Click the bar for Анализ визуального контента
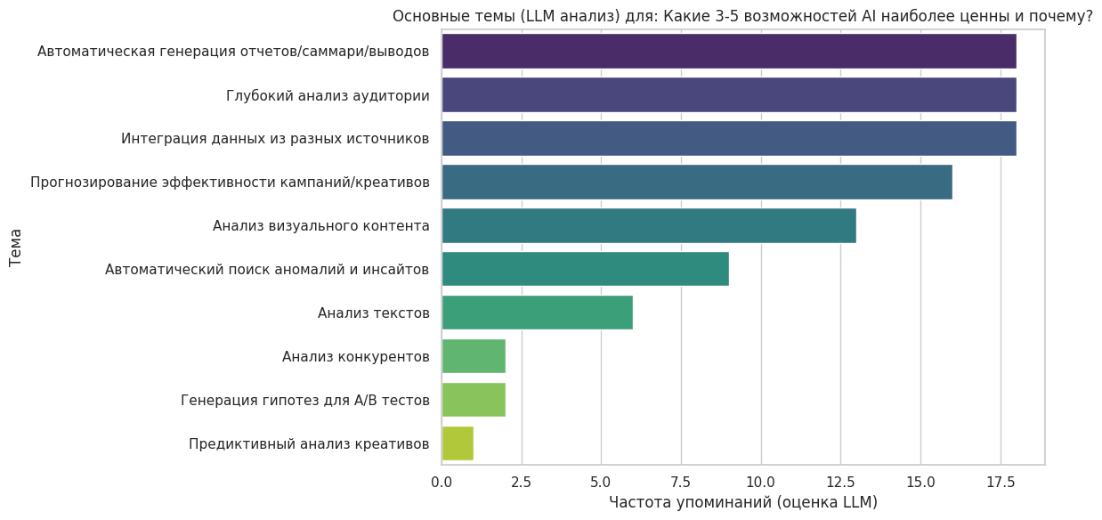[x=648, y=225]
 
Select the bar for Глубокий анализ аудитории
[x=728, y=95]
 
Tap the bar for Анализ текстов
[x=537, y=313]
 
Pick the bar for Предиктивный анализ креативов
[x=458, y=443]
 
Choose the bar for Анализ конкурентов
[x=474, y=356]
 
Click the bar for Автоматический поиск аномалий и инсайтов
[x=585, y=269]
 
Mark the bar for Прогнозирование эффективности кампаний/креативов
[x=696, y=182]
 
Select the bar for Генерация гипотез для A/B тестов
[x=474, y=400]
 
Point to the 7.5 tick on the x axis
[x=681, y=482]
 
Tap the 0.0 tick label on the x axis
[x=442, y=482]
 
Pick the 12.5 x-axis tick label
[x=840, y=482]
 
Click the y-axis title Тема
[x=16, y=248]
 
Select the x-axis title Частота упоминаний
[x=742, y=502]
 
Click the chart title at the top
[x=742, y=16]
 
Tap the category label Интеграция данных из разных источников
[x=275, y=139]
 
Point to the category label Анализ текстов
[x=374, y=313]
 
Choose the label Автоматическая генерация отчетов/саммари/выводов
[x=233, y=52]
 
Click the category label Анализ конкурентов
[x=356, y=356]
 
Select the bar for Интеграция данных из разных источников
[x=728, y=139]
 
